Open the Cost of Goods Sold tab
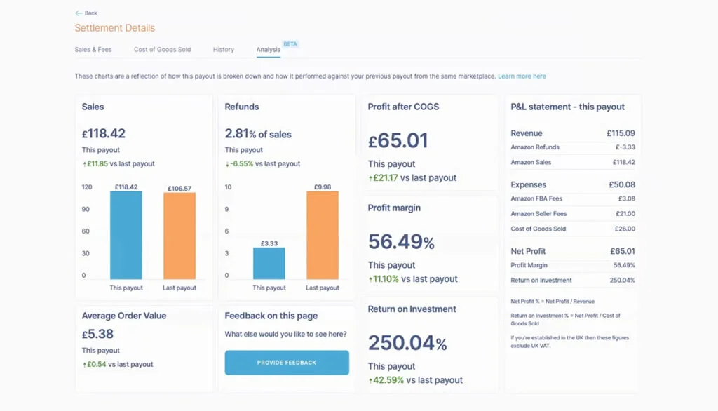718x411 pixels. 162,50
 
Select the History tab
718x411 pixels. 223,50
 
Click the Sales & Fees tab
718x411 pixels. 93,50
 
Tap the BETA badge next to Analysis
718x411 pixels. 290,43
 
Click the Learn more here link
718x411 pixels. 522,76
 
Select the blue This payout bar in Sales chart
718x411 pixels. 126,235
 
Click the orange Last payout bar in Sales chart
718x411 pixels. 179,236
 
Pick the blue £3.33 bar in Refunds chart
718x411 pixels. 269,264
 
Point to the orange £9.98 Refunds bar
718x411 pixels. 323,235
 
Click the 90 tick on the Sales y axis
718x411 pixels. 86,209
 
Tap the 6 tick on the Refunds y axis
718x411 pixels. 226,231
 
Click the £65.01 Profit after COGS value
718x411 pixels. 398,140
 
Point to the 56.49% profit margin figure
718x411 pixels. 401,242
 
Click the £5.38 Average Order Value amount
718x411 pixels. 97,334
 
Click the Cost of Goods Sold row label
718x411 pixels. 538,229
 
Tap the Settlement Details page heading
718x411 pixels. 115,28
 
